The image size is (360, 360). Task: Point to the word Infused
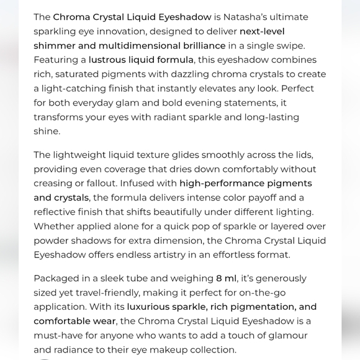[x=158, y=183]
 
